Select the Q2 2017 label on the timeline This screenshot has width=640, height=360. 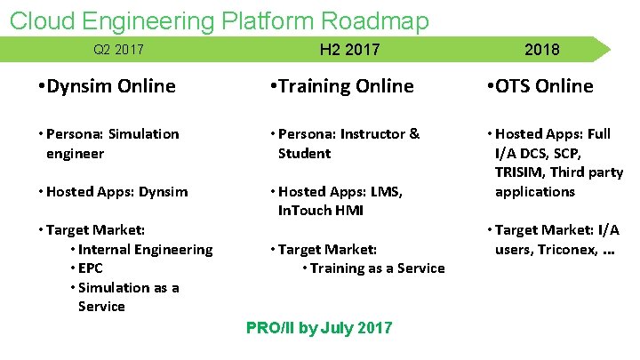pyautogui.click(x=118, y=50)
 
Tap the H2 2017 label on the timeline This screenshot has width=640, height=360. pyautogui.click(x=348, y=50)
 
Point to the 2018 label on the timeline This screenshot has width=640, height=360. pyautogui.click(x=541, y=50)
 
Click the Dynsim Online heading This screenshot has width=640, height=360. pyautogui.click(x=107, y=86)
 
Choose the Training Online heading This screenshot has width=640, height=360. pyautogui.click(x=341, y=86)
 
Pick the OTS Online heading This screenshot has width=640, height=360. pyautogui.click(x=540, y=86)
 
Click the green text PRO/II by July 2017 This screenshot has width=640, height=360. pyautogui.click(x=318, y=328)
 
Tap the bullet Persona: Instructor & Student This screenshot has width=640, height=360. pyautogui.click(x=347, y=143)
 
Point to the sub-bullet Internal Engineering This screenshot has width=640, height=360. pyautogui.click(x=145, y=249)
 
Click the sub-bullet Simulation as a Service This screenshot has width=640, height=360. pyautogui.click(x=128, y=297)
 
